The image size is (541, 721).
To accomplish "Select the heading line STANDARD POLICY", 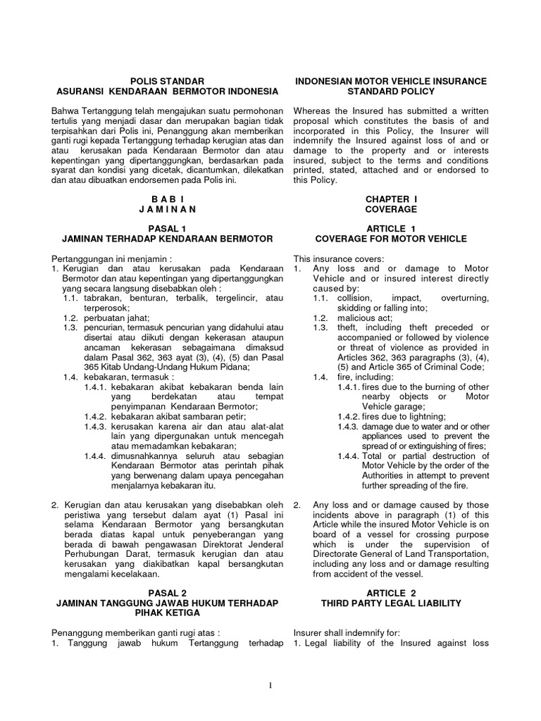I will coord(390,92).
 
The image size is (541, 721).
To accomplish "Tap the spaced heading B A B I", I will coord(168,199).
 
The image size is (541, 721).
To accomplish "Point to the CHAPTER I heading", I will coord(390,199).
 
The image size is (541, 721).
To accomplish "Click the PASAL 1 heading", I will coord(168,229).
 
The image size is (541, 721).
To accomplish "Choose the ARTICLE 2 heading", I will coord(390,594).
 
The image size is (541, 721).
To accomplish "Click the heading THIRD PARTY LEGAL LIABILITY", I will coord(390,603).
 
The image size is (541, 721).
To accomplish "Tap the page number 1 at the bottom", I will coord(270,686).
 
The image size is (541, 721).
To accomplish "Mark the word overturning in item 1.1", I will coord(464,298).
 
